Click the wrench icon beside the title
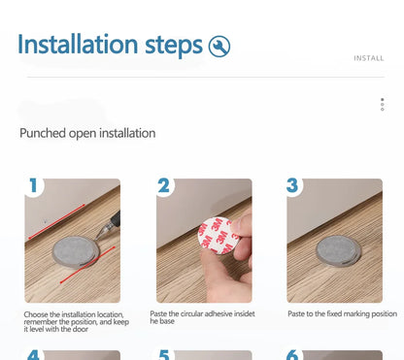219,47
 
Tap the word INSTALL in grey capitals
369,58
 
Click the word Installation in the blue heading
78,44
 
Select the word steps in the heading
174,47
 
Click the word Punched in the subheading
43,133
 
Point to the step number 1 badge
33,185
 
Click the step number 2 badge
164,185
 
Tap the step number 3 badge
292,185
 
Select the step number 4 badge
33,355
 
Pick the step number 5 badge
164,355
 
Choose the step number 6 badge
292,355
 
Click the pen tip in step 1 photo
97,238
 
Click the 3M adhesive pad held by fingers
218,236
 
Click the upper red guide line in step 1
56,221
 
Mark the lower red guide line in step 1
87,265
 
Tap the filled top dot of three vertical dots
383,100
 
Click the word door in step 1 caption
80,329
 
